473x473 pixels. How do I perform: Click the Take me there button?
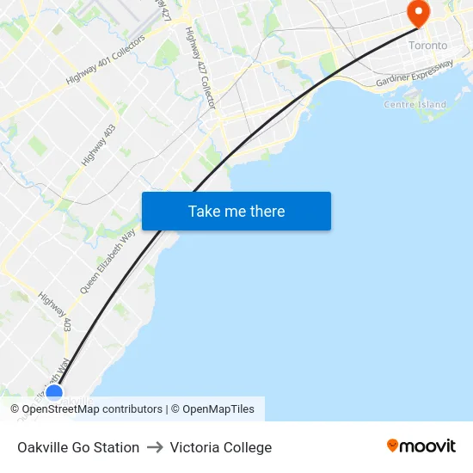tap(236, 211)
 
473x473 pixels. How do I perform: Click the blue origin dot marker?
tap(54, 393)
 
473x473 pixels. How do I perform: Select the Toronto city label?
tap(427, 45)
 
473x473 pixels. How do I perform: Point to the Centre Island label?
tap(415, 105)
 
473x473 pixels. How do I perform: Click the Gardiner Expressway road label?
tap(415, 74)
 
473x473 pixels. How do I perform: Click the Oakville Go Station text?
tap(78, 447)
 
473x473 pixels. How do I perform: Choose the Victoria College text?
tap(221, 447)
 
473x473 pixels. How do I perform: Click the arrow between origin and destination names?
tap(155, 447)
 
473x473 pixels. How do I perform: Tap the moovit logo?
tap(421, 445)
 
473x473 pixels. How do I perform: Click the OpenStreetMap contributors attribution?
tap(86, 409)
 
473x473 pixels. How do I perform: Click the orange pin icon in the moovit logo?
tap(393, 445)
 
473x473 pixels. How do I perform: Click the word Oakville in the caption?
tap(43, 447)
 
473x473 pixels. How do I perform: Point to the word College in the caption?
tap(248, 447)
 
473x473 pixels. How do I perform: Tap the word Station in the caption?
tap(117, 447)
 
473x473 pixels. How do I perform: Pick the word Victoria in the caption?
tap(195, 447)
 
